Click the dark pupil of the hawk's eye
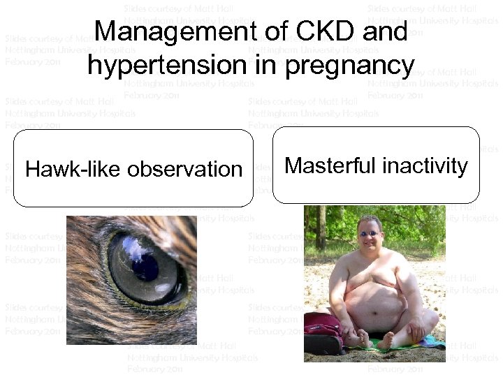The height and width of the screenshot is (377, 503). coord(145,266)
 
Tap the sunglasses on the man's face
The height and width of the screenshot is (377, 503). coord(369,233)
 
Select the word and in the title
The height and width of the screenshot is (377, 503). coord(386,32)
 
